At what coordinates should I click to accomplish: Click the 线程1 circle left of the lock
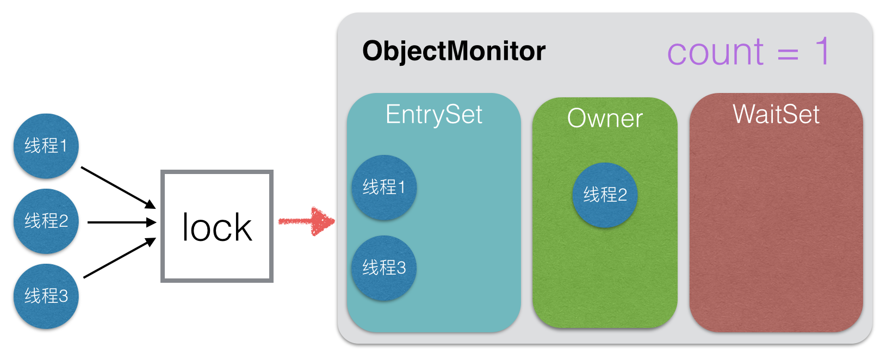coord(46,146)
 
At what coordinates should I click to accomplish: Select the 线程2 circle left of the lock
coord(46,221)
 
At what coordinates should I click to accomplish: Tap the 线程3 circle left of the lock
coord(46,296)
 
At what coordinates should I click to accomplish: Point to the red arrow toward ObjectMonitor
coord(307,221)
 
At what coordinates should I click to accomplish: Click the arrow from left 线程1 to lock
coord(119,188)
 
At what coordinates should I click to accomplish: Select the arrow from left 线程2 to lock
coord(122,222)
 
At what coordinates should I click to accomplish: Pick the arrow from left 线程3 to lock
coord(120,258)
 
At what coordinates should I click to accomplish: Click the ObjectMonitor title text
coord(454,52)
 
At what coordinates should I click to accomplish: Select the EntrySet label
coord(434,114)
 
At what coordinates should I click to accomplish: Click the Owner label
coord(605,119)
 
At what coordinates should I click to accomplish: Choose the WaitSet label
coord(776,114)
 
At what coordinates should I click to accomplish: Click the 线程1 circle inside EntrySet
coord(384,188)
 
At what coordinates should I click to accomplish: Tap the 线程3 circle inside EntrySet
coord(384,268)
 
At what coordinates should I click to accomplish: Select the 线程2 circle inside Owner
coord(605,195)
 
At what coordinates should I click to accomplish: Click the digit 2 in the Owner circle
coord(622,195)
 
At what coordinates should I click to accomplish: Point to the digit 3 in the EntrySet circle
coord(401,268)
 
